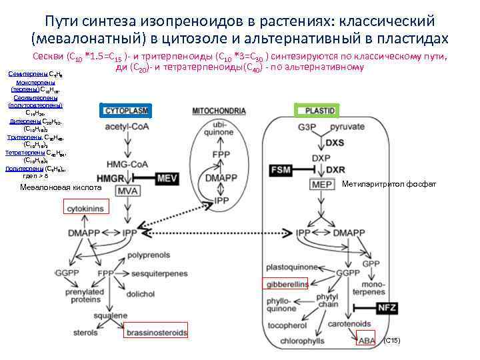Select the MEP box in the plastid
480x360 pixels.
click(321, 184)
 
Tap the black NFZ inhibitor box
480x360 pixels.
click(387, 307)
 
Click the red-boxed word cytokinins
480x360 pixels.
click(85, 209)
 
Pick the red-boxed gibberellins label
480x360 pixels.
click(286, 284)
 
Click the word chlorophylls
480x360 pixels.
click(303, 341)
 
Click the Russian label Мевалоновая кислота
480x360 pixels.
click(61, 188)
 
